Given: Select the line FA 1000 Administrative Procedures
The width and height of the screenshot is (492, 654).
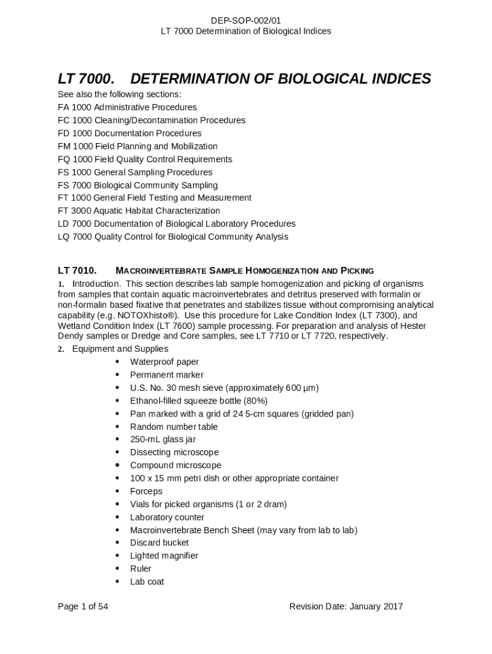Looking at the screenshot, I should [127, 107].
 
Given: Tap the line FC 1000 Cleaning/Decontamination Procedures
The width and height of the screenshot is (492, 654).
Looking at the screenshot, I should [151, 120].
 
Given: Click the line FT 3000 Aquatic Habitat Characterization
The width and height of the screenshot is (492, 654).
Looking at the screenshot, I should [139, 211].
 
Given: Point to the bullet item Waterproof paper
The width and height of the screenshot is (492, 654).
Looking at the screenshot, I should [164, 362].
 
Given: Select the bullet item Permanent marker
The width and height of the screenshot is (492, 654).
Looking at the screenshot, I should [167, 375].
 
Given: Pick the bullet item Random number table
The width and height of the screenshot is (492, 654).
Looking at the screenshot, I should [174, 427].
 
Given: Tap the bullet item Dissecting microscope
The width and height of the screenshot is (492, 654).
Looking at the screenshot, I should [174, 452].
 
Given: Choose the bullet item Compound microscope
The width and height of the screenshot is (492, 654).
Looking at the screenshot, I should [176, 466].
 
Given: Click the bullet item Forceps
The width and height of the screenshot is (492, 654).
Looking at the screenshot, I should [146, 491].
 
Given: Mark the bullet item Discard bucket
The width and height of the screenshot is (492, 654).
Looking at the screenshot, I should [159, 543].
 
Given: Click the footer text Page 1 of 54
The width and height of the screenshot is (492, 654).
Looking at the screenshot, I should [82, 607].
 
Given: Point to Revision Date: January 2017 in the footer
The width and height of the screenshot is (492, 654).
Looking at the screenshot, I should [346, 607].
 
